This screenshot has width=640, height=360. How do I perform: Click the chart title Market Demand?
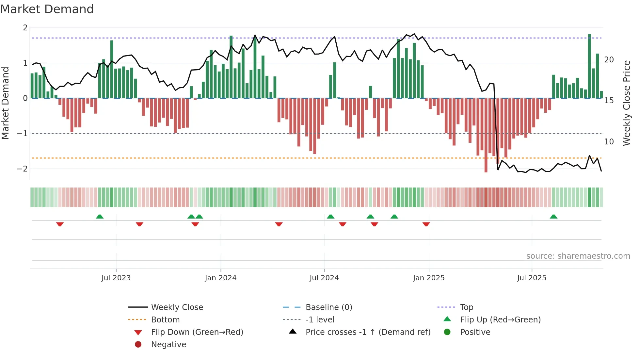(47, 9)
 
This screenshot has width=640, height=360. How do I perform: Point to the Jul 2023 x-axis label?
(116, 278)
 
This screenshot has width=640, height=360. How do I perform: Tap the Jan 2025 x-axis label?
(428, 278)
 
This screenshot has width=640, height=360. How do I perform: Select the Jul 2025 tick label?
(532, 278)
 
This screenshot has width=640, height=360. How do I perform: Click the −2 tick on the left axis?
(22, 169)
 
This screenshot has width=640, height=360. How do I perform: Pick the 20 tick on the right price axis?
(609, 60)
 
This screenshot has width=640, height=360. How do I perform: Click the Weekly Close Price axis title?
(626, 103)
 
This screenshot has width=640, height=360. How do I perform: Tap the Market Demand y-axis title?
(5, 103)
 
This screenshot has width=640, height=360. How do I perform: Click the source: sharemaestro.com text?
(578, 256)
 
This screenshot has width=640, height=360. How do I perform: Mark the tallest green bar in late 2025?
(589, 65)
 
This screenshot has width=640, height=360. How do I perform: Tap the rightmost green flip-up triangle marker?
(553, 217)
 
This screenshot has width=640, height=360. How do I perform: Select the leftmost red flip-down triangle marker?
(60, 224)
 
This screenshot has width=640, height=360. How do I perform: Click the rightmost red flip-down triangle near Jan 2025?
(426, 224)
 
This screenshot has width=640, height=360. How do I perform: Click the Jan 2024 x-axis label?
(220, 278)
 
